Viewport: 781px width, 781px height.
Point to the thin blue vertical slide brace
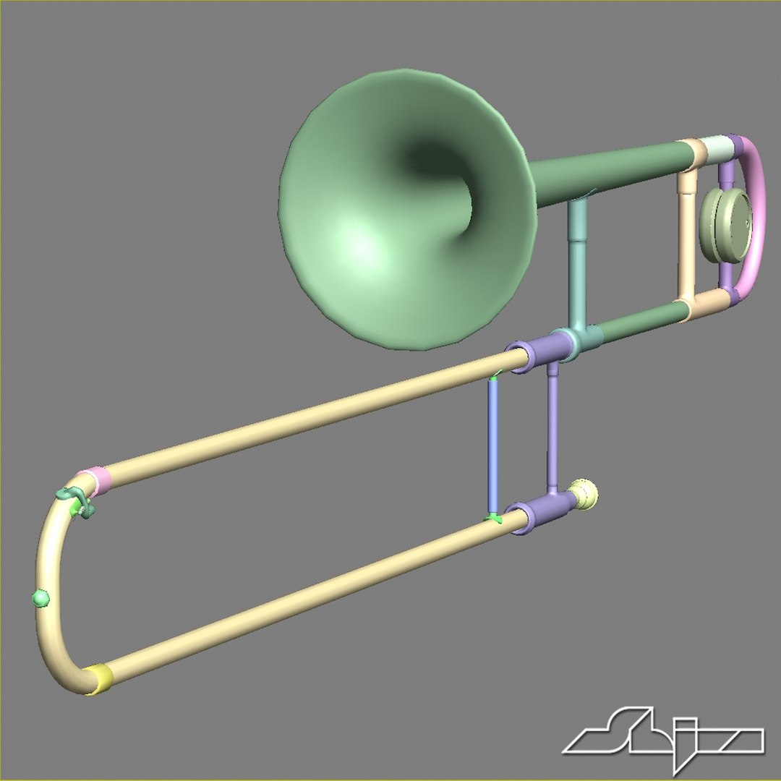pyautogui.click(x=492, y=445)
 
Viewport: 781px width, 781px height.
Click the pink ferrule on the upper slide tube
pyautogui.click(x=95, y=480)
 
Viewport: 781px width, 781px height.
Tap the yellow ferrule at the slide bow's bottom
pyautogui.click(x=99, y=678)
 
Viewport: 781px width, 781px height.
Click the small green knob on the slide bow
pyautogui.click(x=40, y=597)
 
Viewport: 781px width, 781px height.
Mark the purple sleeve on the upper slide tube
pyautogui.click(x=532, y=354)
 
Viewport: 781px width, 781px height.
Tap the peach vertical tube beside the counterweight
pyautogui.click(x=686, y=231)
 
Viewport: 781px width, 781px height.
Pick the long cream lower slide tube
pyautogui.click(x=304, y=600)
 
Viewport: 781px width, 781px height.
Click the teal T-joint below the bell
pyautogui.click(x=579, y=340)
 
